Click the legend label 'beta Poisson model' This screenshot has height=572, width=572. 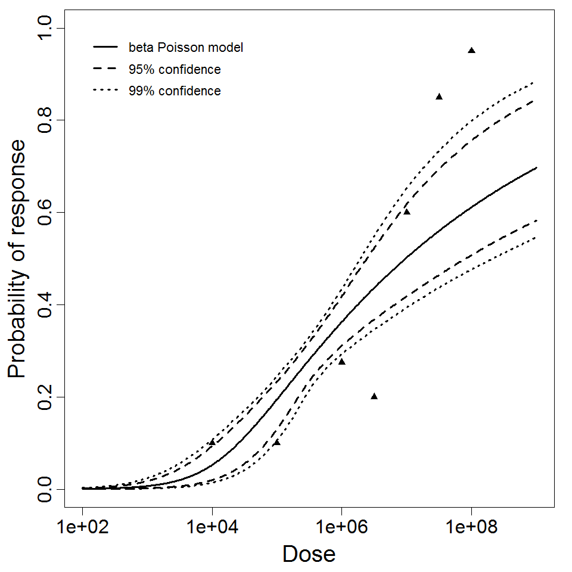tap(186, 48)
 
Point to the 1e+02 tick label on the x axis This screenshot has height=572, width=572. tap(82, 528)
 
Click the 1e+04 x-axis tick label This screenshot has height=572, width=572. tap(212, 528)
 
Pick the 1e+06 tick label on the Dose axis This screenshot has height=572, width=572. tap(341, 528)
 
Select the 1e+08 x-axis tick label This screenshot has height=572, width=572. tap(471, 528)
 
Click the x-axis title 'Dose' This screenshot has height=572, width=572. tap(309, 555)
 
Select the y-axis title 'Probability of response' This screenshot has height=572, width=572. tap(17, 259)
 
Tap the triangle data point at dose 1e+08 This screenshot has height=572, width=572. tap(471, 51)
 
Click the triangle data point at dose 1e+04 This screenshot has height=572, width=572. tap(212, 443)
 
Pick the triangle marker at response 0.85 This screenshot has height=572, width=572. tap(439, 97)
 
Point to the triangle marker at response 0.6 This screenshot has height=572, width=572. tap(407, 212)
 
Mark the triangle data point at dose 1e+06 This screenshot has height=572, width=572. tap(341, 362)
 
